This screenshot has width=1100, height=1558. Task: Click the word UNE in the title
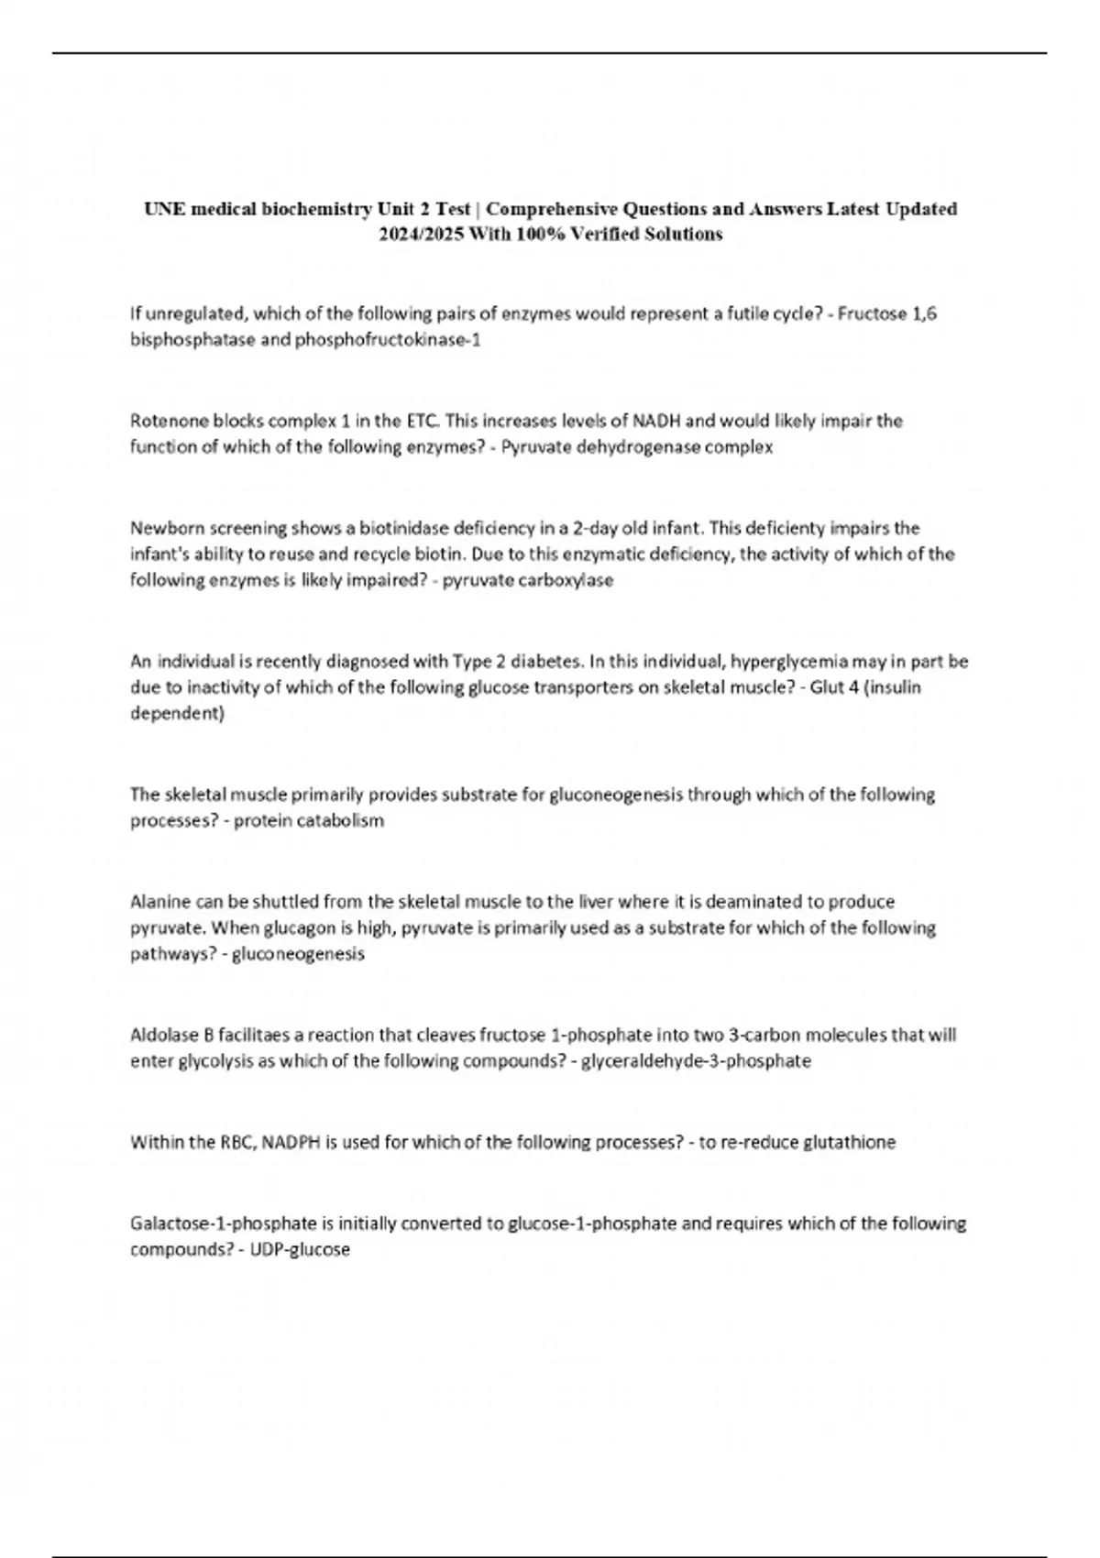[x=161, y=209]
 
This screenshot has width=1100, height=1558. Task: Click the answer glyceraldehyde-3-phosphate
[x=697, y=1061]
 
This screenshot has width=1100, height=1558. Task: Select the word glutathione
[x=849, y=1142]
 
